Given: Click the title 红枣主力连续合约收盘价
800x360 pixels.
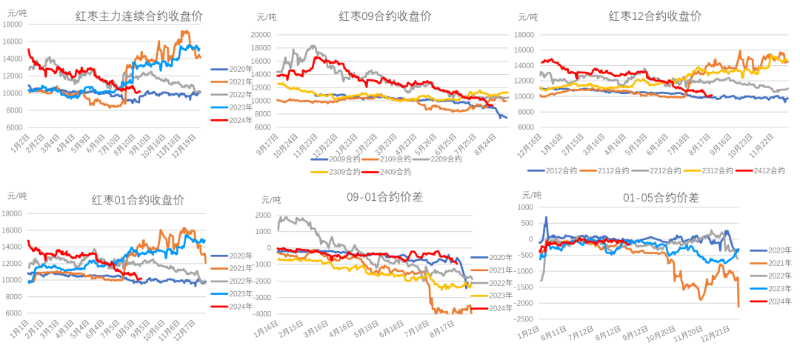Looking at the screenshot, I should point(141,16).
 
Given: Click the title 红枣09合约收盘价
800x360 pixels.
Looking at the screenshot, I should point(385,16).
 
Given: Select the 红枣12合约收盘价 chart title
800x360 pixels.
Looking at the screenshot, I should point(655,16).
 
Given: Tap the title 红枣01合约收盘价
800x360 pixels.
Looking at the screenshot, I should point(138,200).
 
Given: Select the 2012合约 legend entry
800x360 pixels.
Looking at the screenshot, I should point(547,170).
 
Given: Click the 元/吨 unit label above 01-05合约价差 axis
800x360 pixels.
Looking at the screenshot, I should point(532,195).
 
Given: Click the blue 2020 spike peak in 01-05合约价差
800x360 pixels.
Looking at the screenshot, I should point(547,217).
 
